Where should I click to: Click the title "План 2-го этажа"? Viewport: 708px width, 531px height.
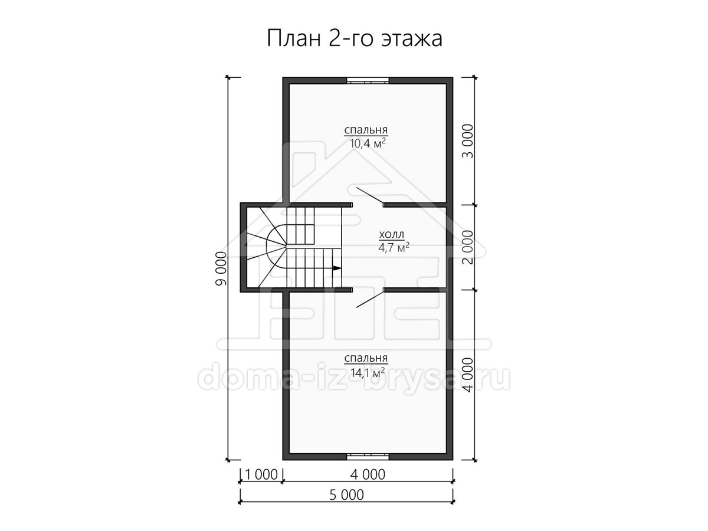pos(354,39)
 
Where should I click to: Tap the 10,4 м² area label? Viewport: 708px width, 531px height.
pos(368,143)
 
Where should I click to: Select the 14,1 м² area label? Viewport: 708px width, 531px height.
pos(368,373)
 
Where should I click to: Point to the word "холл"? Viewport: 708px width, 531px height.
pos(392,234)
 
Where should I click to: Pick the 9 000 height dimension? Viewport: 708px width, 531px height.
pos(222,268)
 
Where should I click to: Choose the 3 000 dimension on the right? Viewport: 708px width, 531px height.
pos(467,141)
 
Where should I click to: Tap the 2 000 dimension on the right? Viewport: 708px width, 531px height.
pos(467,247)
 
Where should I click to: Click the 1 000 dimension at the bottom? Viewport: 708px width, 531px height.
pos(261,474)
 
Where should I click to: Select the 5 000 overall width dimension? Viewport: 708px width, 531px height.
pos(346,495)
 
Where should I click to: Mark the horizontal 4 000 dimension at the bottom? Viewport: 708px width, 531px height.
pos(368,474)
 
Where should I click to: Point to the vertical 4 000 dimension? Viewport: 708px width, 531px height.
pos(467,375)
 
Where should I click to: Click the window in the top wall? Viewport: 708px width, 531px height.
pos(368,81)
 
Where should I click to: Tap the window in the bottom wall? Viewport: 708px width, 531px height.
pos(368,457)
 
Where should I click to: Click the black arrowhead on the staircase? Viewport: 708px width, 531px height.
pos(337,268)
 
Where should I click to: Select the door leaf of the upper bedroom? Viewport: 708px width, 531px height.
pos(370,196)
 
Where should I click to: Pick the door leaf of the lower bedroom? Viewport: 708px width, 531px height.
pos(370,299)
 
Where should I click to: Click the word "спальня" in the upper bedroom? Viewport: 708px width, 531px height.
pos(366,130)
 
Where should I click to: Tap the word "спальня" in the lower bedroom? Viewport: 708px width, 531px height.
pos(366,359)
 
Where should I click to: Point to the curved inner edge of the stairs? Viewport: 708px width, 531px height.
pos(267,247)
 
